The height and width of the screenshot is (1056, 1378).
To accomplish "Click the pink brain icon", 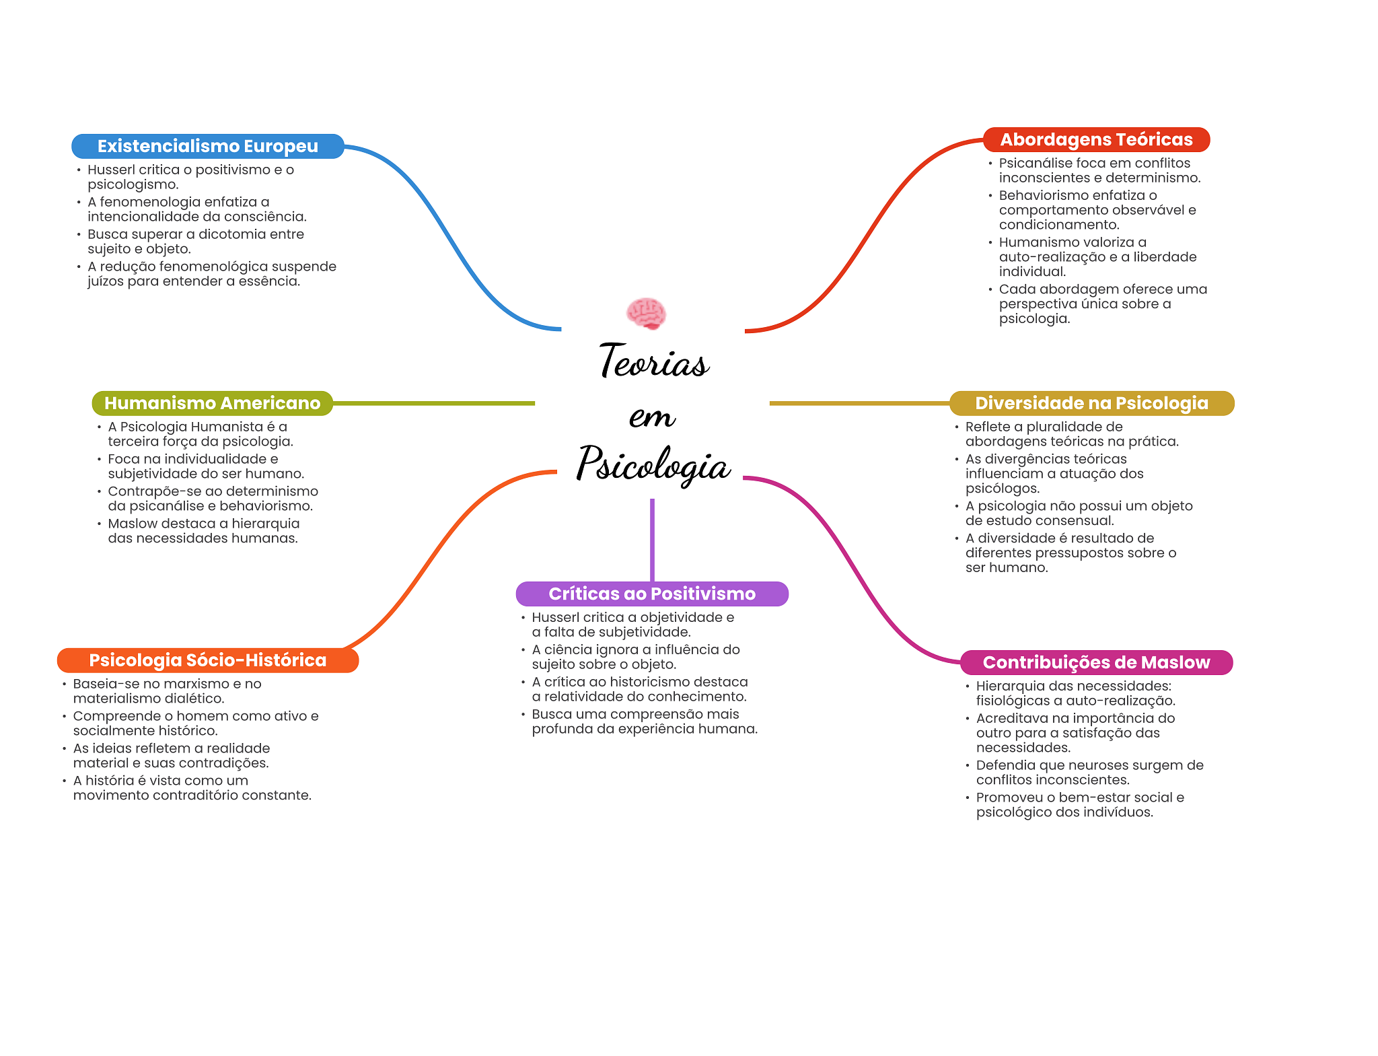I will pyautogui.click(x=646, y=314).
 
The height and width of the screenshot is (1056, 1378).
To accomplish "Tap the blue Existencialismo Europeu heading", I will pyautogui.click(x=207, y=146).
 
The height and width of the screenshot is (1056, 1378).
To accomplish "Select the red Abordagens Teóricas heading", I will pyautogui.click(x=1096, y=139).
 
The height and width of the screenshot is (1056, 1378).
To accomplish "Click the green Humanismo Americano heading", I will pyautogui.click(x=212, y=403).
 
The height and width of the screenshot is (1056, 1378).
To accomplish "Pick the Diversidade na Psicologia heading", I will pyautogui.click(x=1091, y=403).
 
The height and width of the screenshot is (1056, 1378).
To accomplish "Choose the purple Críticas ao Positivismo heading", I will pyautogui.click(x=651, y=594).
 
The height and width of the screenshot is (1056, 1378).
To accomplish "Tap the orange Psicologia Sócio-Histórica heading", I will pyautogui.click(x=207, y=660).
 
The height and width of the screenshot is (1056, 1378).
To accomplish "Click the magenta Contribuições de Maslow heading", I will pyautogui.click(x=1096, y=662).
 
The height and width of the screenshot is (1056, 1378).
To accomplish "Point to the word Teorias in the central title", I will pyautogui.click(x=653, y=361).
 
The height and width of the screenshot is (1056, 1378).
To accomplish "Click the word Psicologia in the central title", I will pyautogui.click(x=653, y=464).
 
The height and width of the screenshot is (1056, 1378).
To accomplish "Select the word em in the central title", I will pyautogui.click(x=652, y=417).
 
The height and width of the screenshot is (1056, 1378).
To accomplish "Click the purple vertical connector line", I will pyautogui.click(x=652, y=539).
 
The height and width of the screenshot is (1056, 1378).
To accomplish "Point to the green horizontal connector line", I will pyautogui.click(x=434, y=403).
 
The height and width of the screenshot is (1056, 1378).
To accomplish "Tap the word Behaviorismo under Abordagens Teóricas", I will pyautogui.click(x=1038, y=195).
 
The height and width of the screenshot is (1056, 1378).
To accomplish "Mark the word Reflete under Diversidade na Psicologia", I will pyautogui.click(x=988, y=427).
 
